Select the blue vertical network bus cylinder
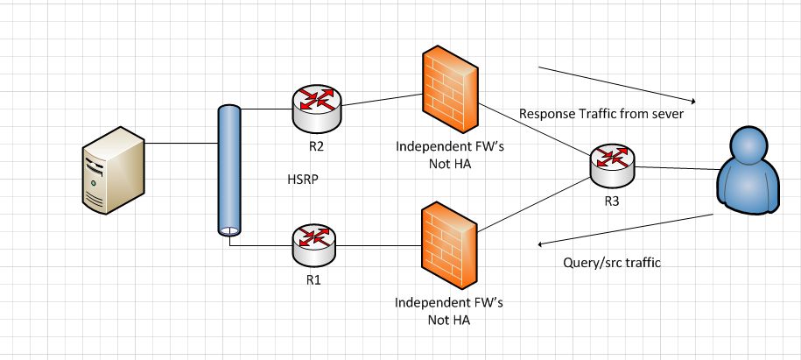pos(229,171)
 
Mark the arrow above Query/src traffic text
pos(627,230)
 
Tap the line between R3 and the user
pos(675,166)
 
